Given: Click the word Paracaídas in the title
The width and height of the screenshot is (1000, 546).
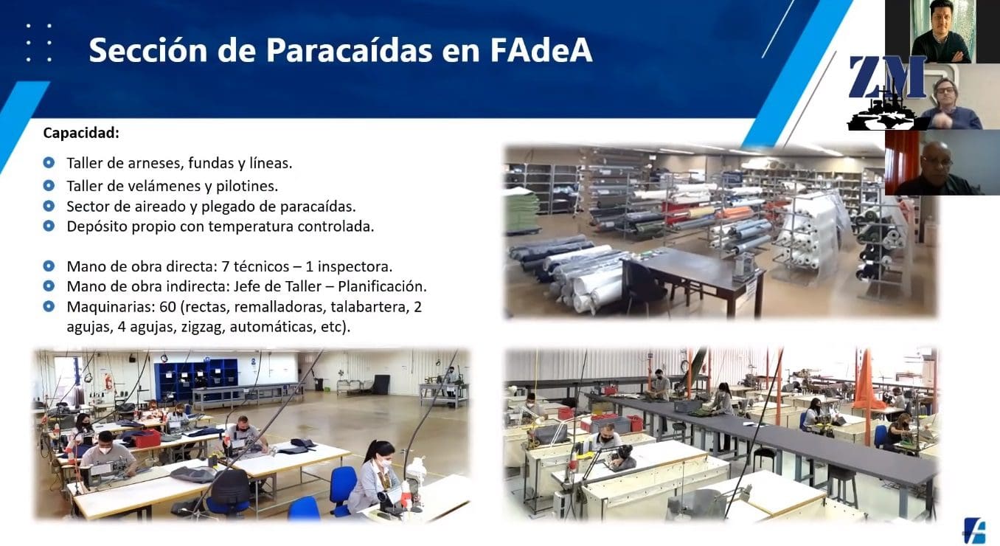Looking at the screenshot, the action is coord(349,50).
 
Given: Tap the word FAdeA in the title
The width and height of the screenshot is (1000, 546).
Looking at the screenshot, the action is coord(541,50).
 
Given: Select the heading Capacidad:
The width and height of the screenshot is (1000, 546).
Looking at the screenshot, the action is coord(81,133).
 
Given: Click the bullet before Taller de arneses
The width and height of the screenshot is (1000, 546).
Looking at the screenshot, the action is coord(49,162).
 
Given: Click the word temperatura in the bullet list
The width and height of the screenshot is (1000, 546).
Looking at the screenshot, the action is coord(251,227).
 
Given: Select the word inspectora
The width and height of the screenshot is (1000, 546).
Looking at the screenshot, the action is coord(355,266).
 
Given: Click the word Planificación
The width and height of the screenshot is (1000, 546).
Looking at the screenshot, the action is coord(382,286).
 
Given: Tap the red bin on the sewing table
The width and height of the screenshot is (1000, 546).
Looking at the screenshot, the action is coord(147,438).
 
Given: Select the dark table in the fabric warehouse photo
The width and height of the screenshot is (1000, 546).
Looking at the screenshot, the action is coord(696,276).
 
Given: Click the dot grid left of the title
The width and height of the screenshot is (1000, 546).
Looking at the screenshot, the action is coord(39,43).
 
